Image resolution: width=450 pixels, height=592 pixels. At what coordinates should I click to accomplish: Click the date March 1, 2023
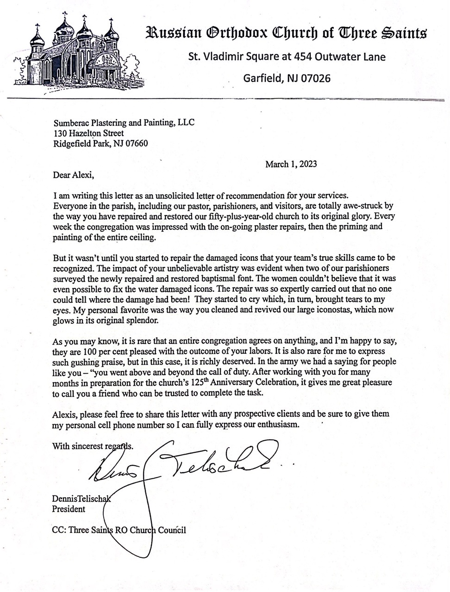[291, 164]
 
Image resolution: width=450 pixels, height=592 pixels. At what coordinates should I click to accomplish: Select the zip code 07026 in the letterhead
[316, 78]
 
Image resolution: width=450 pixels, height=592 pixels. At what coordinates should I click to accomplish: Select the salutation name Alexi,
[84, 175]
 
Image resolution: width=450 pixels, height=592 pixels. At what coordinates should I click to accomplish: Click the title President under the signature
[69, 509]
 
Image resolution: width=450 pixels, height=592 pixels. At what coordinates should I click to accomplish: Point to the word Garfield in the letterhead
[262, 78]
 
